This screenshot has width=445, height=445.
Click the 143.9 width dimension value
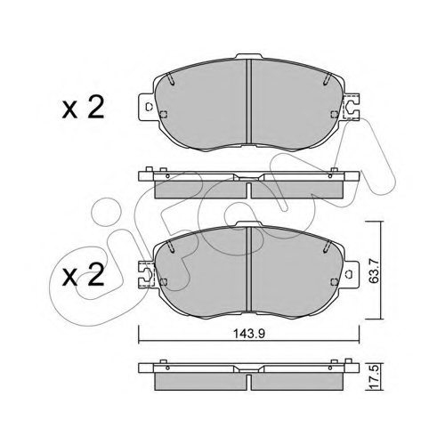249,334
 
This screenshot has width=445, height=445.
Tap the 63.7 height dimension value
374,271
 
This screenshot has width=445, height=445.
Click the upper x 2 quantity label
84,109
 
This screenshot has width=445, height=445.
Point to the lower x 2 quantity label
84,275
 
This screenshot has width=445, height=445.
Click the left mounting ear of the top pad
147,107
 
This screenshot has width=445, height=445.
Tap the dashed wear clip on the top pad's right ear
352,107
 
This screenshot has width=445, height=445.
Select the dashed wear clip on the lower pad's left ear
147,273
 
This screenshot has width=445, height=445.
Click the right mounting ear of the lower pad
352,273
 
